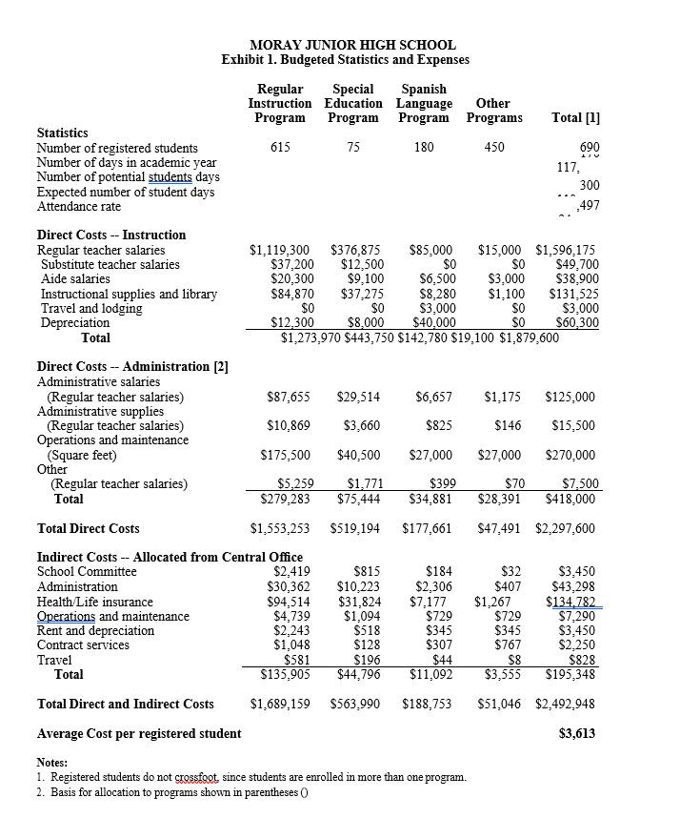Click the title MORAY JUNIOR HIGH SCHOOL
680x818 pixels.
pyautogui.click(x=351, y=45)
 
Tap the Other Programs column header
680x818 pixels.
pyautogui.click(x=493, y=111)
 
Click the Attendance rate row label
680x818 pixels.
pyautogui.click(x=79, y=206)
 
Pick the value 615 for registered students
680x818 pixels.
pyautogui.click(x=280, y=148)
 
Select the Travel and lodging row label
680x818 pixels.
pyautogui.click(x=91, y=308)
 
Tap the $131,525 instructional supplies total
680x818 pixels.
pyautogui.click(x=574, y=294)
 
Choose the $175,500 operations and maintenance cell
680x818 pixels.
pyautogui.click(x=286, y=455)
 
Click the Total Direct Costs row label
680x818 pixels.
pyautogui.click(x=88, y=528)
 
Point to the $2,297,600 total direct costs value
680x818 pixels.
pyautogui.click(x=566, y=528)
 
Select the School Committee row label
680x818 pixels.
pyautogui.click(x=87, y=572)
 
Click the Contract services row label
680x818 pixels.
pyautogui.click(x=84, y=645)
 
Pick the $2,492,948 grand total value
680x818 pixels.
pyautogui.click(x=566, y=704)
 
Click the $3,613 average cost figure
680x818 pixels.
pyautogui.click(x=577, y=733)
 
